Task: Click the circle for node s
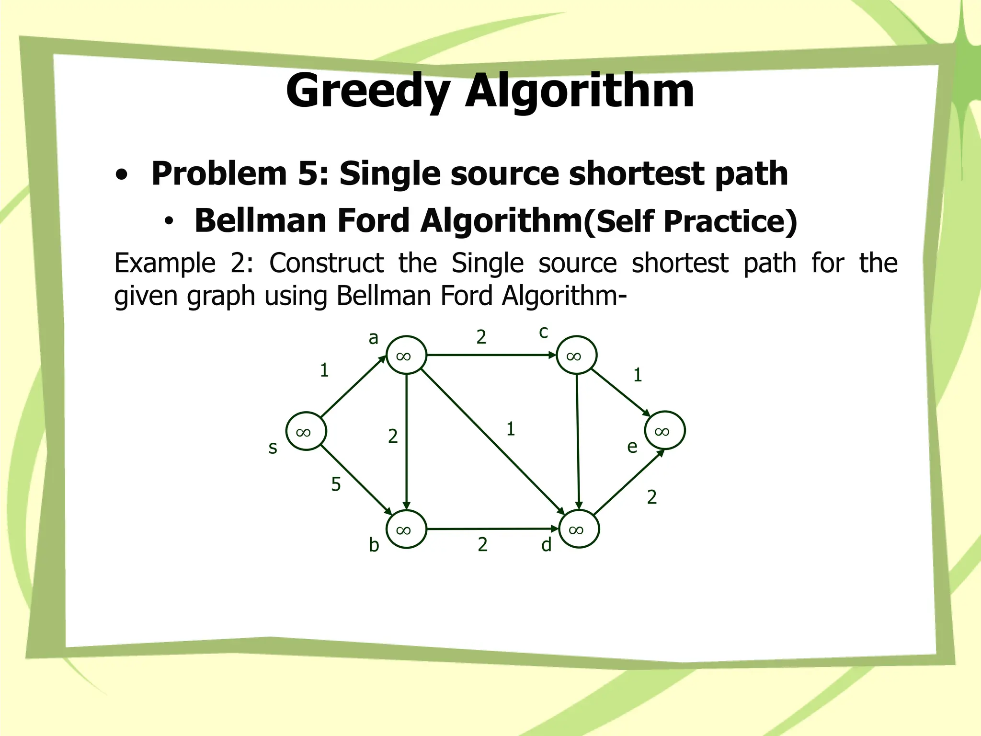click(306, 431)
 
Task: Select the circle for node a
click(406, 355)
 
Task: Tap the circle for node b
click(406, 529)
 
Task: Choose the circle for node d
click(579, 529)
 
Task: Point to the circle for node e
click(665, 430)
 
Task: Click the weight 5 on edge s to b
click(336, 484)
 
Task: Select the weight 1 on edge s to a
click(324, 370)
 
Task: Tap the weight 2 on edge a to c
click(481, 337)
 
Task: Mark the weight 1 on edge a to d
click(511, 429)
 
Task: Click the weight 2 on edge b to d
click(483, 544)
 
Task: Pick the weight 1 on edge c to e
click(638, 375)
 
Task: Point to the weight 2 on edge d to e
click(652, 497)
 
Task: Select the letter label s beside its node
click(273, 448)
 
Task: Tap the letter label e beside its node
click(632, 447)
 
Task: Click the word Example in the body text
click(165, 263)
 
